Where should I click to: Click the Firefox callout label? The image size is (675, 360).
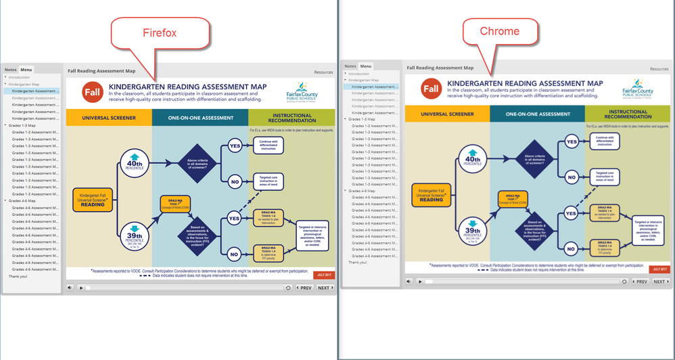(160, 32)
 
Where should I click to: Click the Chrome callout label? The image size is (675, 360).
(499, 31)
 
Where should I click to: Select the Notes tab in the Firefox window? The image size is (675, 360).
(10, 70)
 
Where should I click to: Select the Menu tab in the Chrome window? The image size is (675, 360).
(365, 66)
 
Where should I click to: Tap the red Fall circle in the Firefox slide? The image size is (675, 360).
(93, 92)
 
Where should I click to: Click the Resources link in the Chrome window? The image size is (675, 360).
(659, 68)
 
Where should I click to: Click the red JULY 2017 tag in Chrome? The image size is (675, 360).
(659, 269)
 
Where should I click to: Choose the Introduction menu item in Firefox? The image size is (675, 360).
(19, 77)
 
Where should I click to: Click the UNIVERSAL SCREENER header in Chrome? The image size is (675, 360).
(448, 114)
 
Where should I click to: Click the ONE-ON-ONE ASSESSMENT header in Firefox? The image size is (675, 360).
(200, 118)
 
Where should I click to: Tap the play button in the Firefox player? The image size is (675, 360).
(81, 288)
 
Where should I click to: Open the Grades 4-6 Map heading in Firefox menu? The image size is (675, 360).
(23, 201)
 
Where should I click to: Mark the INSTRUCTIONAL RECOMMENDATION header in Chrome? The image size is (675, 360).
(628, 114)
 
